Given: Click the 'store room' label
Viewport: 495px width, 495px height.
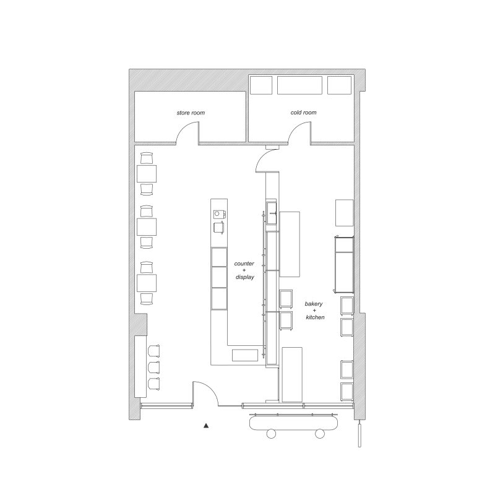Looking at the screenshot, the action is (x=191, y=113).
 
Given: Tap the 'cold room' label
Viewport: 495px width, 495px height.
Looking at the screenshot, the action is (x=303, y=113).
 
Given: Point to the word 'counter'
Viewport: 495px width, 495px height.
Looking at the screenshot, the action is (x=244, y=264).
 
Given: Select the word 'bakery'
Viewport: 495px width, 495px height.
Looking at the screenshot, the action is (x=314, y=304).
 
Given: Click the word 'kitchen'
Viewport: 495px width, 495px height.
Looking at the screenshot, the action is (x=315, y=317).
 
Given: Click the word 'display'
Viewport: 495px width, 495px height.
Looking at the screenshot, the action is (x=244, y=277).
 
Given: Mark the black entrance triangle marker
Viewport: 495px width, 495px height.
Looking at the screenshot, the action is (x=206, y=426).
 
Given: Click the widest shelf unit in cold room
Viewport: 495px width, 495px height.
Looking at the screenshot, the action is (x=299, y=85).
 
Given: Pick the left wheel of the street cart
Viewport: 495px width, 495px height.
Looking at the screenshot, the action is (x=271, y=434).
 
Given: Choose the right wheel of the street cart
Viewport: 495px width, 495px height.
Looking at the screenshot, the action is (x=320, y=434).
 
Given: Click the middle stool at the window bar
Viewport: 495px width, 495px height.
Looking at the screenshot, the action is (x=153, y=367).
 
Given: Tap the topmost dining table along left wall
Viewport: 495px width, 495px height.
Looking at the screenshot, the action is (x=147, y=173).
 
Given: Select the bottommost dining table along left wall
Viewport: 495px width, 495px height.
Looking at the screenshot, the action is (x=147, y=283).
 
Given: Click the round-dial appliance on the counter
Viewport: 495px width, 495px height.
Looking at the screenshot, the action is (x=219, y=213).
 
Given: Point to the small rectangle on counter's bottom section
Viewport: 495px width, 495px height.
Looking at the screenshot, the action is (x=245, y=355).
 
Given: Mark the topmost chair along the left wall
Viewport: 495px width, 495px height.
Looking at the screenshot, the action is (x=147, y=158).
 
